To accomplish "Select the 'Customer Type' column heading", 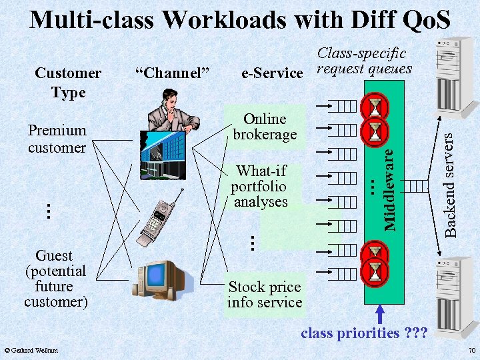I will coord(68,82).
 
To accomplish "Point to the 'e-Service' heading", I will coord(272,73).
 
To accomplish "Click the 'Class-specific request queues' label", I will coord(363,61).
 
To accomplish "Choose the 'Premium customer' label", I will coord(57,139).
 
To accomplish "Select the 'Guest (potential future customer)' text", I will coord(55,279).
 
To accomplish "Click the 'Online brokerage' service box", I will coord(265,126).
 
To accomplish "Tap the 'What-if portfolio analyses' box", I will coord(260,187).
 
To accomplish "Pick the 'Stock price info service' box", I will coord(265,295).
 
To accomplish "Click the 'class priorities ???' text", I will coord(354,333).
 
